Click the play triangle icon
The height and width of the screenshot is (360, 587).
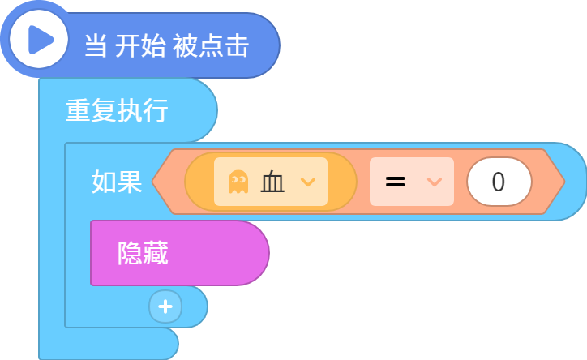coord(41,40)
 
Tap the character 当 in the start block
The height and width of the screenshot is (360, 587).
coord(96,45)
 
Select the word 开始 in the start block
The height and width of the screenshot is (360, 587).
coord(141,45)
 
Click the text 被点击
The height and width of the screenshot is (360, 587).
coord(211,45)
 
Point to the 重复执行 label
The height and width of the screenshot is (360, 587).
coord(118,110)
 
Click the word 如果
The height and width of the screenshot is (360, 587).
coord(118,182)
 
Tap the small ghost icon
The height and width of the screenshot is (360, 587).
coord(238,182)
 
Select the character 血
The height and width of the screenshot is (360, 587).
coord(272,182)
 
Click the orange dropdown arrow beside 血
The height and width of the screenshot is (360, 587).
coord(308,182)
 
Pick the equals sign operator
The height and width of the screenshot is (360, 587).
coord(396,182)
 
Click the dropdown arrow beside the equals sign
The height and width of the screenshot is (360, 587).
coord(435,182)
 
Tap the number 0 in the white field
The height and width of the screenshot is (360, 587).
coord(499,182)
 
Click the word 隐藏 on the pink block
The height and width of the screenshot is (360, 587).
coord(143,253)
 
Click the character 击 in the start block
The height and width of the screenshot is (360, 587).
coord(238,45)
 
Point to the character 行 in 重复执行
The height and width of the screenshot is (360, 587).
coord(156,110)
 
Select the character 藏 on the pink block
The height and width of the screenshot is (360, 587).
coord(156,253)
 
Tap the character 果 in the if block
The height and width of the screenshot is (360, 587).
coord(130,182)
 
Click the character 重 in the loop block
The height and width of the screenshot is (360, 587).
coord(79,110)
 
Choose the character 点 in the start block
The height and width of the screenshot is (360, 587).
coord(211,45)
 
